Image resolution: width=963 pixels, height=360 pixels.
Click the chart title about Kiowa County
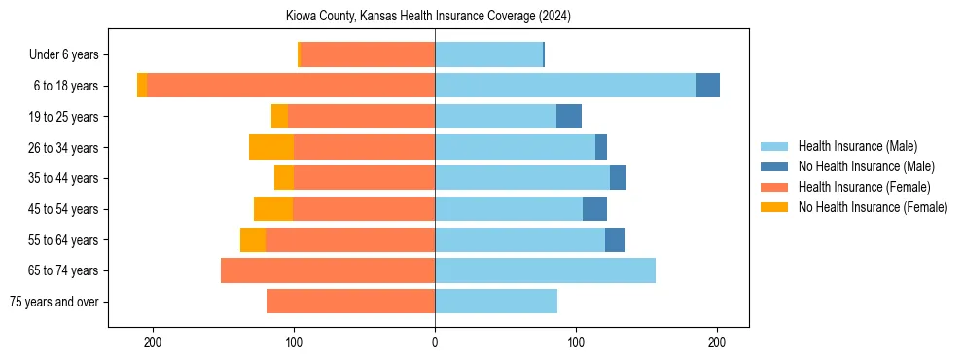(x=427, y=17)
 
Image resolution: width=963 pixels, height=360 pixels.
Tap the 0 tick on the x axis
(x=435, y=342)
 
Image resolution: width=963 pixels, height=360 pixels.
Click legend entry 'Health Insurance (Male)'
(x=857, y=146)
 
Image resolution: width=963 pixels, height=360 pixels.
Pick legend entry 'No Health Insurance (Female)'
(x=872, y=207)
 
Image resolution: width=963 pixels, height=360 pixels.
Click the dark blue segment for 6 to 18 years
(x=708, y=86)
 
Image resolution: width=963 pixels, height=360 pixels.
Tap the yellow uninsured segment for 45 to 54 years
(x=273, y=209)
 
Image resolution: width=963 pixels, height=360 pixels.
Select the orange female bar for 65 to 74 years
(x=328, y=270)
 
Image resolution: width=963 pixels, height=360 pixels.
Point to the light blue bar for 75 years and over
(x=496, y=302)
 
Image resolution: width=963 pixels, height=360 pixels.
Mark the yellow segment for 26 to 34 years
(x=271, y=147)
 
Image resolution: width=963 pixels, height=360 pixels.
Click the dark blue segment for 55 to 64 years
(x=615, y=240)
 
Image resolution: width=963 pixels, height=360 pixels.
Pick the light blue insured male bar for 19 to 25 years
(x=495, y=117)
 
